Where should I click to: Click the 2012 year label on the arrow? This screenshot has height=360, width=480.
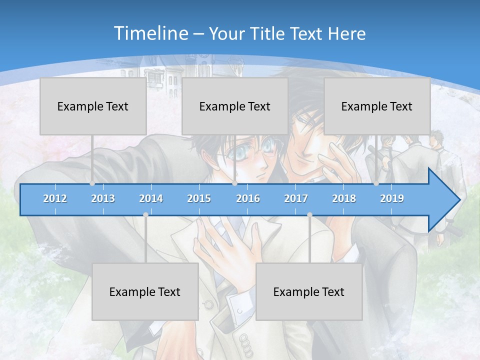click(x=55, y=198)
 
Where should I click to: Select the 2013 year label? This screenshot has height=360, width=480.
click(x=103, y=198)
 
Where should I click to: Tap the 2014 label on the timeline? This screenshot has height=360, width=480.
click(x=151, y=198)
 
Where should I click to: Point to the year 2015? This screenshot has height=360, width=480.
click(x=199, y=198)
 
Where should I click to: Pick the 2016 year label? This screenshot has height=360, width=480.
click(x=248, y=198)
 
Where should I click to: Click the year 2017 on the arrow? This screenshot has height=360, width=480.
click(x=296, y=198)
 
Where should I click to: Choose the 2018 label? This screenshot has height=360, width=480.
click(x=344, y=198)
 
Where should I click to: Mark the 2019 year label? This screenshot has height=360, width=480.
click(x=392, y=198)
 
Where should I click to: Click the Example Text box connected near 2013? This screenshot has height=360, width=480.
click(x=93, y=106)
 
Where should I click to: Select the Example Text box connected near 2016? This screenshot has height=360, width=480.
click(x=235, y=106)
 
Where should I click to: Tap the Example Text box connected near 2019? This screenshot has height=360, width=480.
click(x=377, y=106)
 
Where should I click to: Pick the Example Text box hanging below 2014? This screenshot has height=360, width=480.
click(x=145, y=291)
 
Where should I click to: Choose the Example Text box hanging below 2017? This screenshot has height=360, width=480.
click(x=309, y=291)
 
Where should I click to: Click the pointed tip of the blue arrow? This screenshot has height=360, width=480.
click(x=459, y=200)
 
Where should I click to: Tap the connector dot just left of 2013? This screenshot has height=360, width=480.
click(x=92, y=183)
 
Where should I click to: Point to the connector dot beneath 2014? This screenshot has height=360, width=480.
click(x=145, y=214)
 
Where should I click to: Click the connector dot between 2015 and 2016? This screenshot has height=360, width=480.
click(x=234, y=183)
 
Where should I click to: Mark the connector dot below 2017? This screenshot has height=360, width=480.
click(x=309, y=214)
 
